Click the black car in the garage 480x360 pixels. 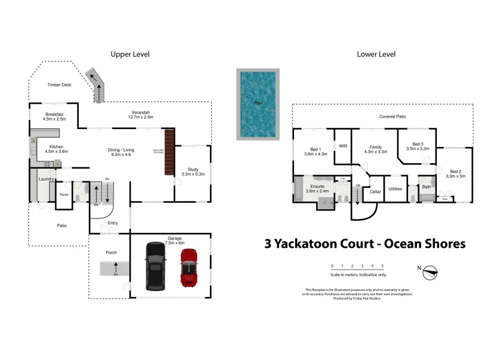(x=155, y=266)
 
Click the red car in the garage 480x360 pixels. (x=189, y=267)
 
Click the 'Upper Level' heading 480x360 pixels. (x=130, y=55)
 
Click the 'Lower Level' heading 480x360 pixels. (x=376, y=55)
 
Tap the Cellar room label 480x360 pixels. (x=376, y=192)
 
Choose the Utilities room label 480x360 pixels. (x=395, y=188)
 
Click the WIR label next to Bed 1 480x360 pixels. (x=343, y=146)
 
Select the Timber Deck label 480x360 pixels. (x=59, y=85)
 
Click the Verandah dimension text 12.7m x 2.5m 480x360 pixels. (x=141, y=117)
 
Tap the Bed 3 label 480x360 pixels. (x=418, y=144)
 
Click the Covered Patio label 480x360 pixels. (x=392, y=116)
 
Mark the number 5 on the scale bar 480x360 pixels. (x=382, y=266)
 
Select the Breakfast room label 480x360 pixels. (x=54, y=114)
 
